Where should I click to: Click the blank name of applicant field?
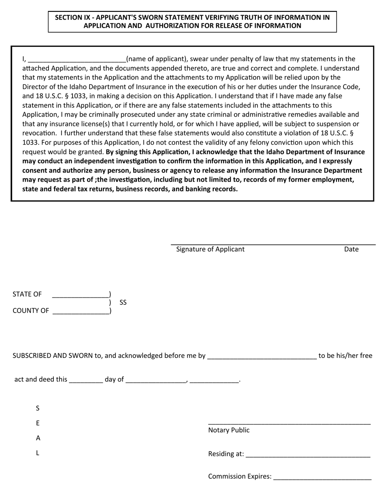pyautogui.click(x=77, y=60)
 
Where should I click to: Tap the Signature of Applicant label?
pyautogui.click(x=210, y=249)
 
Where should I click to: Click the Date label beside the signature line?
pyautogui.click(x=351, y=249)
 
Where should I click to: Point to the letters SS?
pyautogui.click(x=123, y=303)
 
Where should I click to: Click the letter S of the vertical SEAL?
pyautogui.click(x=38, y=409)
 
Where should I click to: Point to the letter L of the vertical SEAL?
pyautogui.click(x=38, y=453)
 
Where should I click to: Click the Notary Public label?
pyautogui.click(x=229, y=431)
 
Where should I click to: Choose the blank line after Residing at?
pyautogui.click(x=308, y=455)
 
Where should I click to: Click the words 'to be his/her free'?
pyautogui.click(x=345, y=356)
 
